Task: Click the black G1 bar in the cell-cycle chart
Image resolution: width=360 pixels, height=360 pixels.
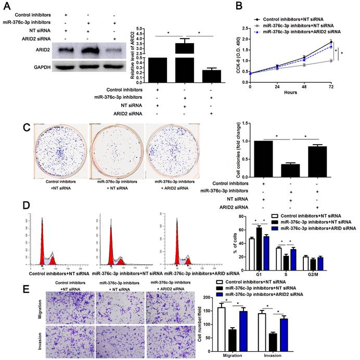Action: pos(259,242)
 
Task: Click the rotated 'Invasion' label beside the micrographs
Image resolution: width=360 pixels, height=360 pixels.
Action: pos(40,338)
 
